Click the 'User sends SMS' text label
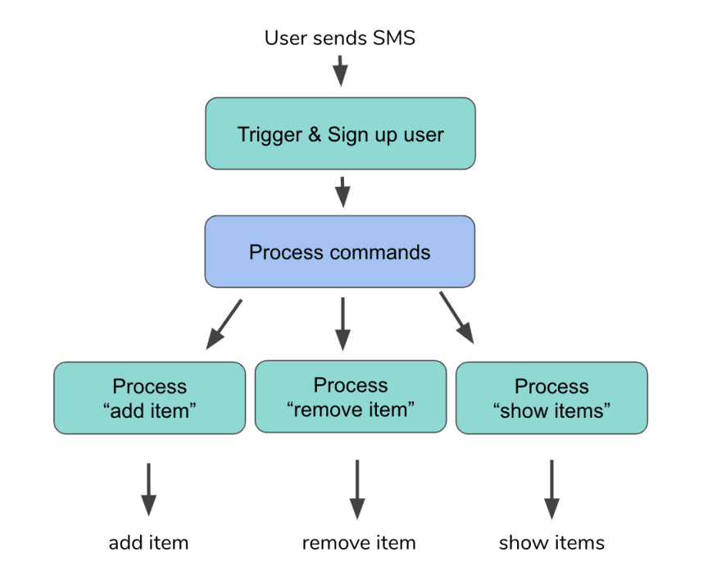340,38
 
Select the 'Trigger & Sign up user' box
340,134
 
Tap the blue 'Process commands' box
340,251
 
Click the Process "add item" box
149,397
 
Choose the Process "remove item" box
351,396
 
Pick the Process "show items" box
551,397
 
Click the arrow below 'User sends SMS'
340,70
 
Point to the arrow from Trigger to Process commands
342,192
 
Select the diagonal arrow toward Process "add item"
224,324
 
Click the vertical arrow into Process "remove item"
342,324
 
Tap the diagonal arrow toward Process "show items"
456,318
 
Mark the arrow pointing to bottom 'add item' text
148,490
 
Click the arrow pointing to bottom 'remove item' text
357,490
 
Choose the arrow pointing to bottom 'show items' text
551,490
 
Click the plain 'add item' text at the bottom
148,543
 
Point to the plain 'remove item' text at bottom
359,543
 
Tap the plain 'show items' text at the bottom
551,543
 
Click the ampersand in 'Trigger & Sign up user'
315,134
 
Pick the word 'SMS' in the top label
394,38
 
